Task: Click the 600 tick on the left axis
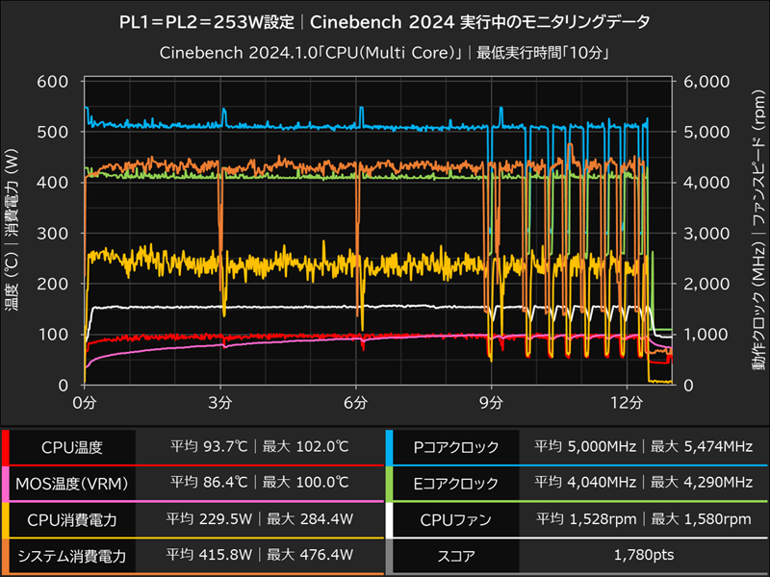[51, 81]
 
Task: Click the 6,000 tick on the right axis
[709, 81]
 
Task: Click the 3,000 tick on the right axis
[709, 233]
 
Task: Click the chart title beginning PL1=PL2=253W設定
[385, 20]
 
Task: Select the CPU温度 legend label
[72, 447]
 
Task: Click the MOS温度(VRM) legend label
[72, 484]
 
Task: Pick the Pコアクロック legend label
[454, 447]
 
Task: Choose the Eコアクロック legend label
[454, 484]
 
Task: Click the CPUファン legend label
[454, 520]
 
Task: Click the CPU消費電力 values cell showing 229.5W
[259, 520]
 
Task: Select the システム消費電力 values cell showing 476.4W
[259, 556]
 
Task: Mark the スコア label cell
[454, 556]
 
